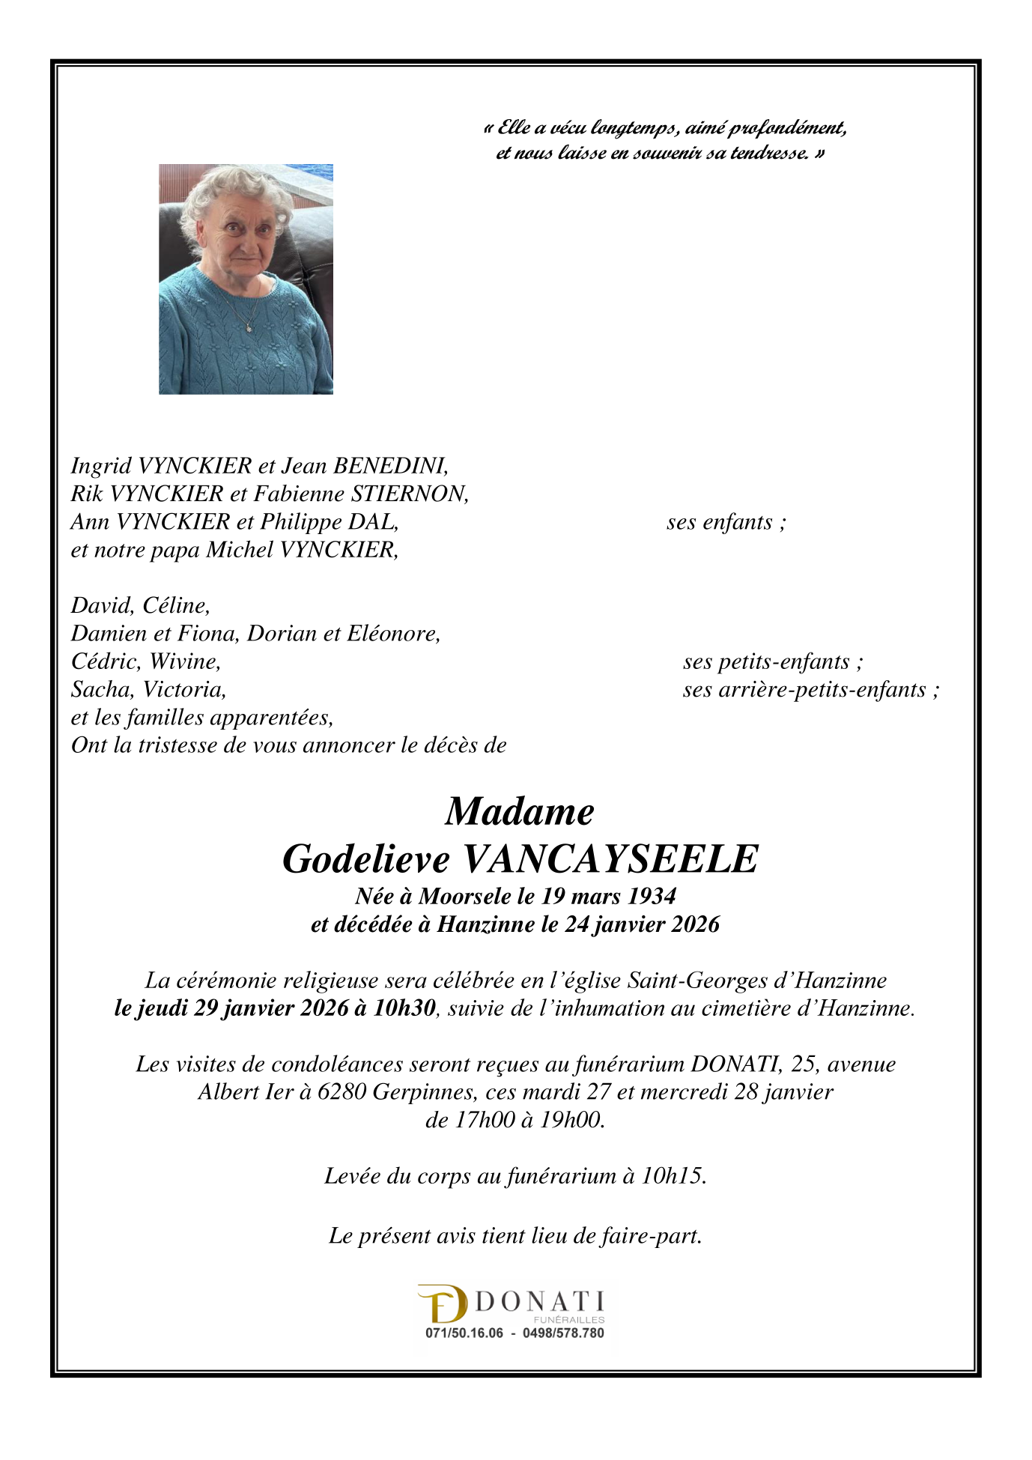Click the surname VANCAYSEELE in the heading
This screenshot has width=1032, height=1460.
pyautogui.click(x=610, y=859)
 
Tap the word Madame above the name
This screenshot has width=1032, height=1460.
pyautogui.click(x=519, y=812)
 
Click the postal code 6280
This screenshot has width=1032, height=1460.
pyautogui.click(x=342, y=1091)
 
